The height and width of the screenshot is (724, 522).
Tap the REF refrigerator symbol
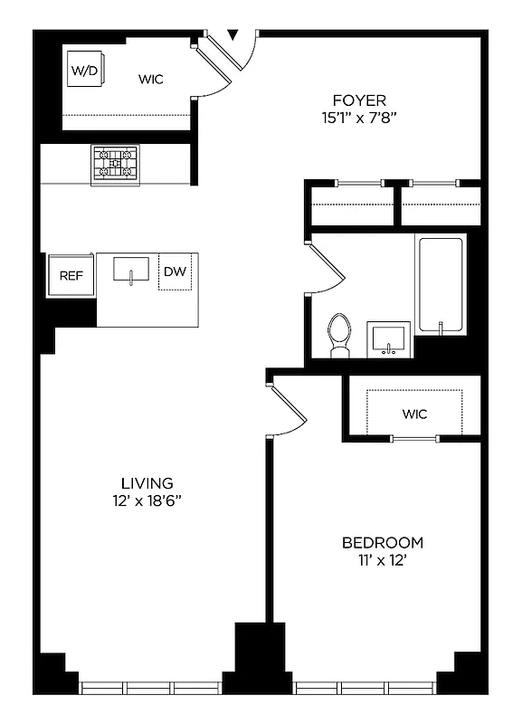(71, 276)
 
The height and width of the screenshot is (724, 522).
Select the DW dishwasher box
(175, 272)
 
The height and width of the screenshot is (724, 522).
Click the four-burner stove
(115, 164)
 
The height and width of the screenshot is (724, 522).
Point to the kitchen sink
(132, 270)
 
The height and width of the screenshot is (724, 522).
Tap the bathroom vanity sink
(390, 339)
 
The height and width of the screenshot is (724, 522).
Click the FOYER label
(358, 100)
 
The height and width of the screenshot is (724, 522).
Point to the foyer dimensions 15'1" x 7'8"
(358, 117)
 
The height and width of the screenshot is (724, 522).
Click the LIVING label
(147, 483)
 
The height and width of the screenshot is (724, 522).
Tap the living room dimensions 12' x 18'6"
(147, 500)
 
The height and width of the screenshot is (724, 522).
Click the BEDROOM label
(382, 543)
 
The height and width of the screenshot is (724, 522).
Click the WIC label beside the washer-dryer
(151, 79)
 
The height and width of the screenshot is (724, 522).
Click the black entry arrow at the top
(233, 34)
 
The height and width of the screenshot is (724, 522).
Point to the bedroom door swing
(289, 412)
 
